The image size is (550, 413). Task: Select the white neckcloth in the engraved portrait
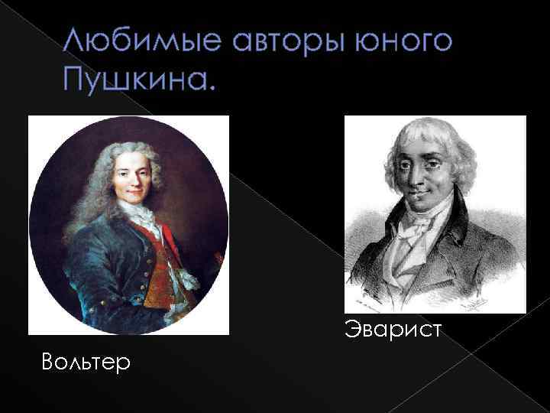pos(416,237)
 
